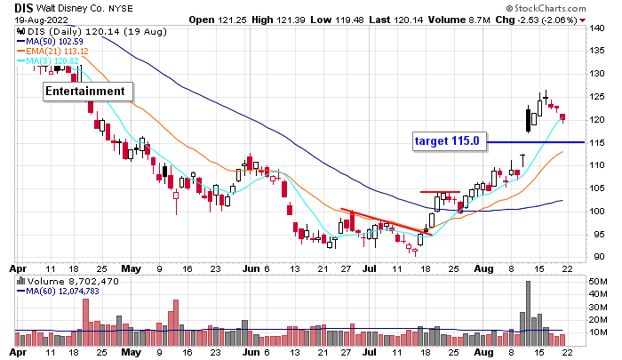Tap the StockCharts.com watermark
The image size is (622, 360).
pyautogui.click(x=570, y=7)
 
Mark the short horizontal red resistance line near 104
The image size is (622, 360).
pyautogui.click(x=440, y=192)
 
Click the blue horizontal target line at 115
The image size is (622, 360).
pyautogui.click(x=533, y=142)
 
